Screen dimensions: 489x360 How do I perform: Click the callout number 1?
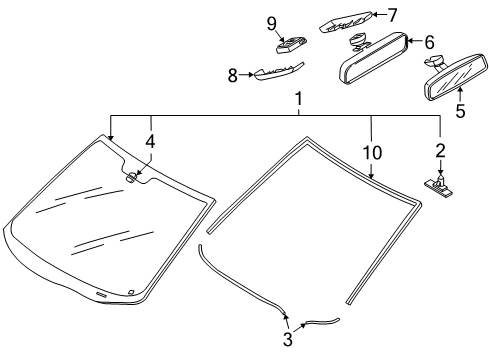coord(299,99)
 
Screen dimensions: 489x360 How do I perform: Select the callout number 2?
coord(440,151)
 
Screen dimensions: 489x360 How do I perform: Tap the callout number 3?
coord(288,339)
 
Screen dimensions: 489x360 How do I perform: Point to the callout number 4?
coord(150,142)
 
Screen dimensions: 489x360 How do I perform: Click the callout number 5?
coord(460,111)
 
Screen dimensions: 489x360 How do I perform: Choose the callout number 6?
coord(429,42)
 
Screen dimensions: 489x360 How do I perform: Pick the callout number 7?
coord(392,15)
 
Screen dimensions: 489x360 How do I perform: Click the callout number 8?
coord(233,75)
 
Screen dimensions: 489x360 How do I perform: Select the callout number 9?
coord(272,24)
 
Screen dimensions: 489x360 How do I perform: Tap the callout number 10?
coord(372,153)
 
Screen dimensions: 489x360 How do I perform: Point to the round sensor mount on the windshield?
coord(131,177)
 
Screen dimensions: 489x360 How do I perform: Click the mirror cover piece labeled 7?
coord(346,22)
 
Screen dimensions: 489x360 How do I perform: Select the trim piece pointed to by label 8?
coord(279,71)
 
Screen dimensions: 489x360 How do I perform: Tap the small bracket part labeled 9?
coord(291,44)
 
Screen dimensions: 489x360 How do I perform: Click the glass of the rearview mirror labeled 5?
coord(457,78)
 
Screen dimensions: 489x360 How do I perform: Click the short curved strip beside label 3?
coord(323,321)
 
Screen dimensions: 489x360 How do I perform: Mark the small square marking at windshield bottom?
coord(131,292)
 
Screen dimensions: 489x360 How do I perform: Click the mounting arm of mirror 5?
coord(435,62)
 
